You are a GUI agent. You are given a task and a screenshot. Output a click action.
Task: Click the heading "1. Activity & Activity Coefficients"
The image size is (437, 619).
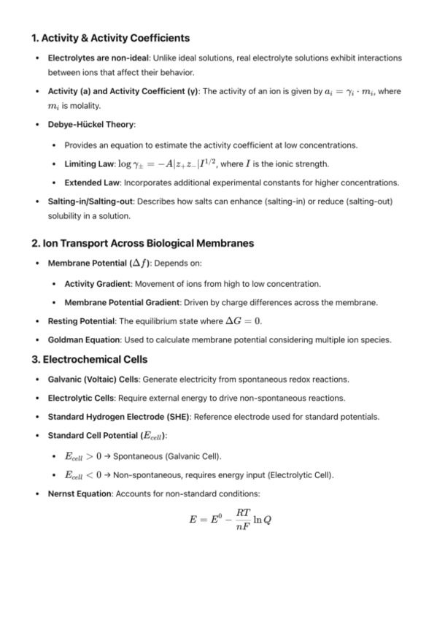coord(111,37)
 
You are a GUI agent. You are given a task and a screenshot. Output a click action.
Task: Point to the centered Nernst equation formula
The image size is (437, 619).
coord(230,520)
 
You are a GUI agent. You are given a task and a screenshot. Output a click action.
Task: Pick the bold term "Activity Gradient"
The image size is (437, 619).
coord(100,283)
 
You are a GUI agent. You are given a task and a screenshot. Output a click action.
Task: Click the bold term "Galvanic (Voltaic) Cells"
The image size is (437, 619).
coord(94,380)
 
